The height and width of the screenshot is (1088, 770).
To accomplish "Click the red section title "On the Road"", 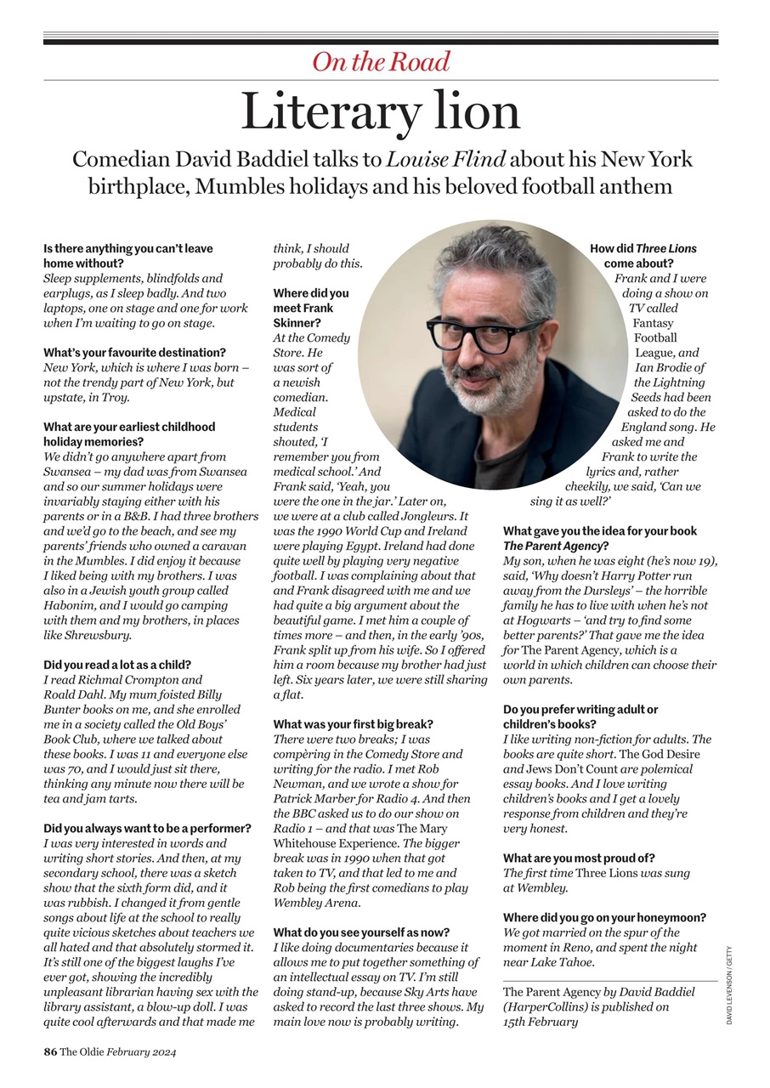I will [381, 61].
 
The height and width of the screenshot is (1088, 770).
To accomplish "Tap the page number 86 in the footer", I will [50, 1051].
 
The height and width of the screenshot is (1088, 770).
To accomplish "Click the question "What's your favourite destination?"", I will [134, 353].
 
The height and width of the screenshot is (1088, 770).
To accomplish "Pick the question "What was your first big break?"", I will [353, 724].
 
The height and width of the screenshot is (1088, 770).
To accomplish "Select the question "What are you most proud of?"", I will [579, 858].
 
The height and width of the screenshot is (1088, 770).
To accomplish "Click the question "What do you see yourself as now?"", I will [361, 932].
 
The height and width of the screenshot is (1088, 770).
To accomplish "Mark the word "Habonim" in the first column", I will [71, 605].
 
